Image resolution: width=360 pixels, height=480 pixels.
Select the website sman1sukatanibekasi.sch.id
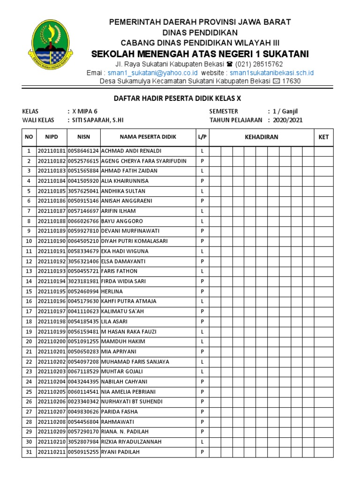[271, 73]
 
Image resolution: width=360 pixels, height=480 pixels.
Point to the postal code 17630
[291, 81]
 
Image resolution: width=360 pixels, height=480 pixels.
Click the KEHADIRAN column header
[261, 137]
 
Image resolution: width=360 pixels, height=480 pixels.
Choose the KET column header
[323, 137]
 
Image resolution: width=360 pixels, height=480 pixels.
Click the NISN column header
[83, 137]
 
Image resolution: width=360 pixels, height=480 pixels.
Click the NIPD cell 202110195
[51, 292]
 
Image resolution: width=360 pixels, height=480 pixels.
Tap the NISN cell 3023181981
[83, 281]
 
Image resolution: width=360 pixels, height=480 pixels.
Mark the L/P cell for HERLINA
[202, 292]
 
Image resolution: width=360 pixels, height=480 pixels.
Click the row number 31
[29, 452]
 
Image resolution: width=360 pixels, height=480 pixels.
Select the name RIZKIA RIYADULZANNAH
[131, 442]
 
